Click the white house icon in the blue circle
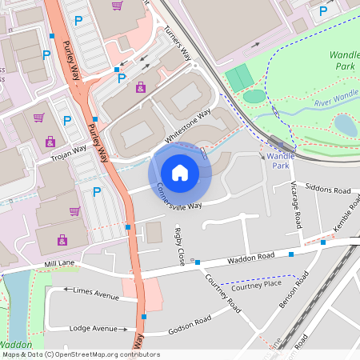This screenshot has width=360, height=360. coord(180,172)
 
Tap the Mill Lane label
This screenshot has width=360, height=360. coord(60,263)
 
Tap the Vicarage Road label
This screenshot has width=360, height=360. coord(296,205)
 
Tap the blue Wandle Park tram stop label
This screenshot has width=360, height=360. coord(280,161)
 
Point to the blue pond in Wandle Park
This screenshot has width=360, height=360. coord(346,124)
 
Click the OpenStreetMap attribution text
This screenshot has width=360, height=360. coord(70,354)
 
